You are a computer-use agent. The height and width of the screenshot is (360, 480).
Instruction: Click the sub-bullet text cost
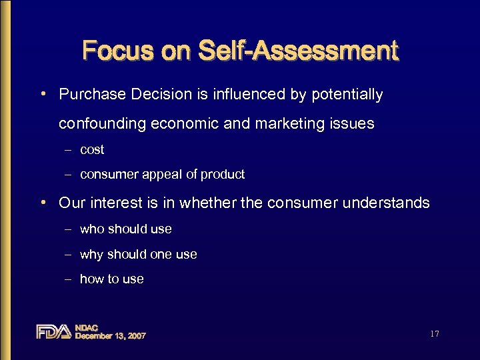92,150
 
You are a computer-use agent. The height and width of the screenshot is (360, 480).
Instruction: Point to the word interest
113,203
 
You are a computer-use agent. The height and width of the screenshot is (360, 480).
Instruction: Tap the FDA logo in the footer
53,331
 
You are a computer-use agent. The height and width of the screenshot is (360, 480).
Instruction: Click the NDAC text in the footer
87,327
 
